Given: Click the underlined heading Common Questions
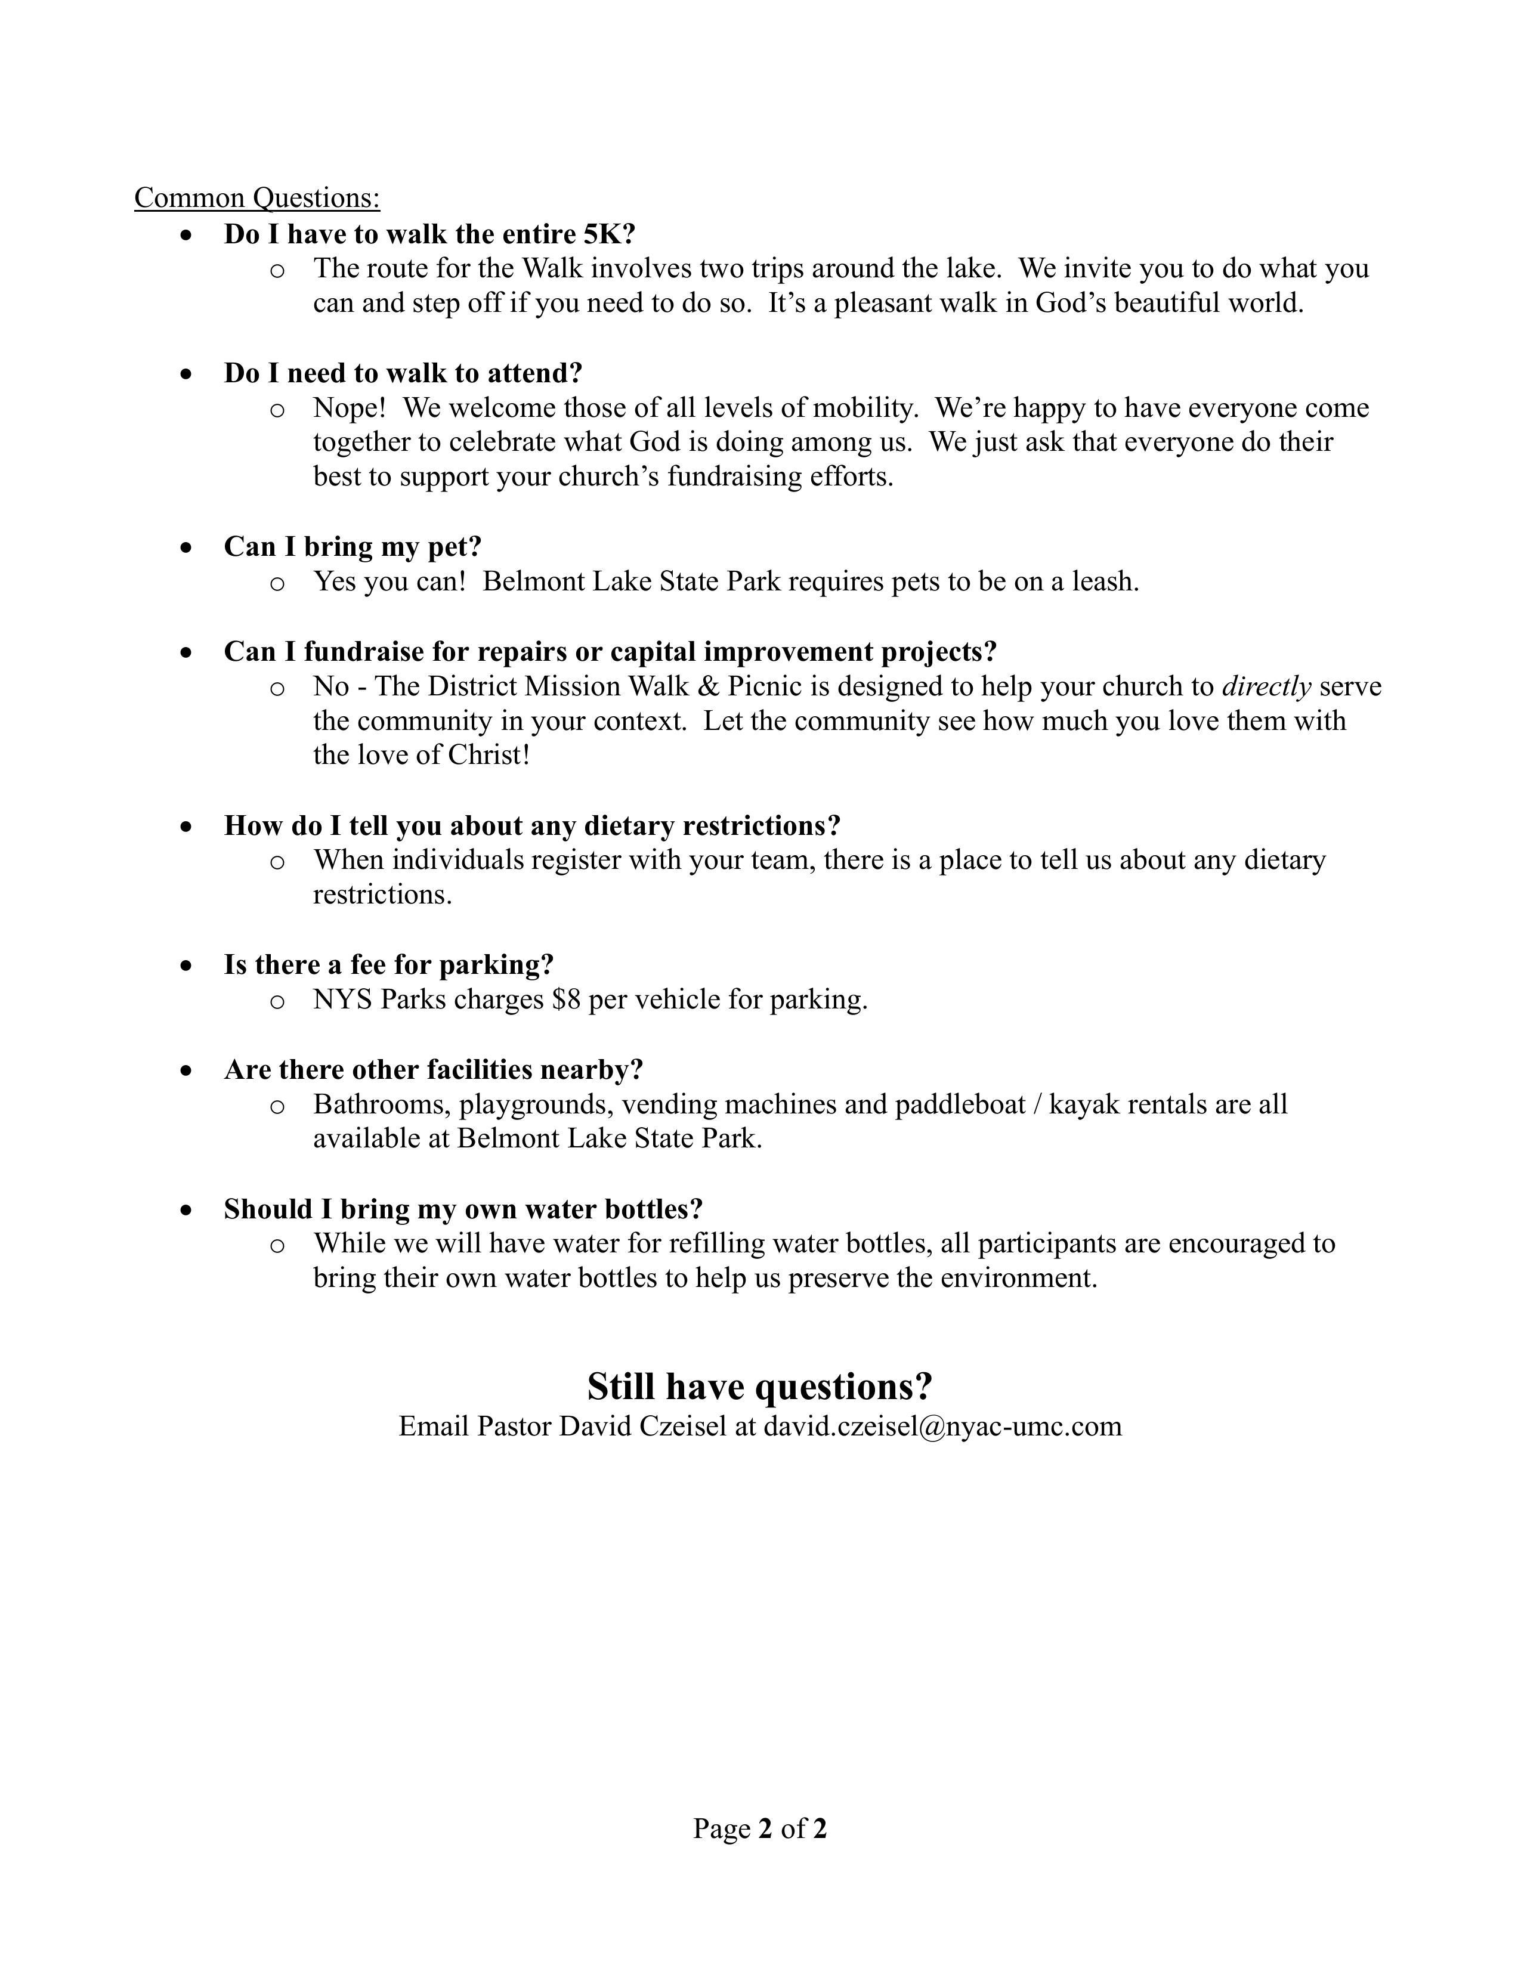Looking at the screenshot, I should click(x=257, y=198).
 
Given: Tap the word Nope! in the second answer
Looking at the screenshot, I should click(x=350, y=408).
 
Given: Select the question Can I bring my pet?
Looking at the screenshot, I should click(x=353, y=547).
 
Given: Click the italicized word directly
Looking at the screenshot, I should click(x=1266, y=686).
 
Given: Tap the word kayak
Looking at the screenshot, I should click(x=1082, y=1104).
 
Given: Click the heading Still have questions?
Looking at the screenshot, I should click(x=759, y=1387).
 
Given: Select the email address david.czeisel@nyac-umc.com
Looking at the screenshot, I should click(x=942, y=1427).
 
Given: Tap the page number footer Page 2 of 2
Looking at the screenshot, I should click(x=759, y=1828).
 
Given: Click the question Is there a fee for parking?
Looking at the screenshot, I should click(x=388, y=965).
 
